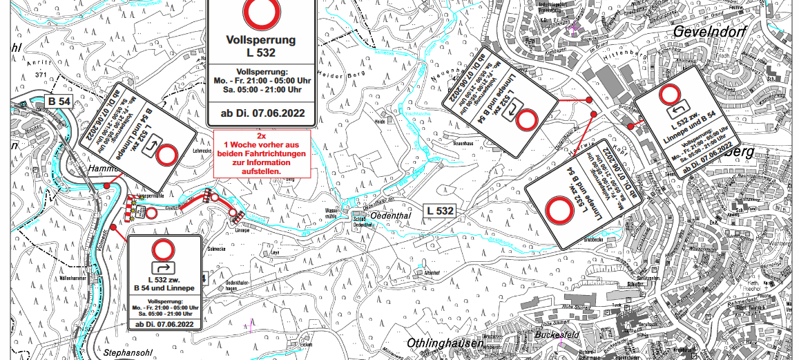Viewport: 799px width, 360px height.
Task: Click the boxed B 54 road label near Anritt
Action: [58, 102]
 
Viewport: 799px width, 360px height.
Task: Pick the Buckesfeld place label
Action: [556, 334]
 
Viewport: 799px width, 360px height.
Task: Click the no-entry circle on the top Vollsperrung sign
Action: [261, 12]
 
